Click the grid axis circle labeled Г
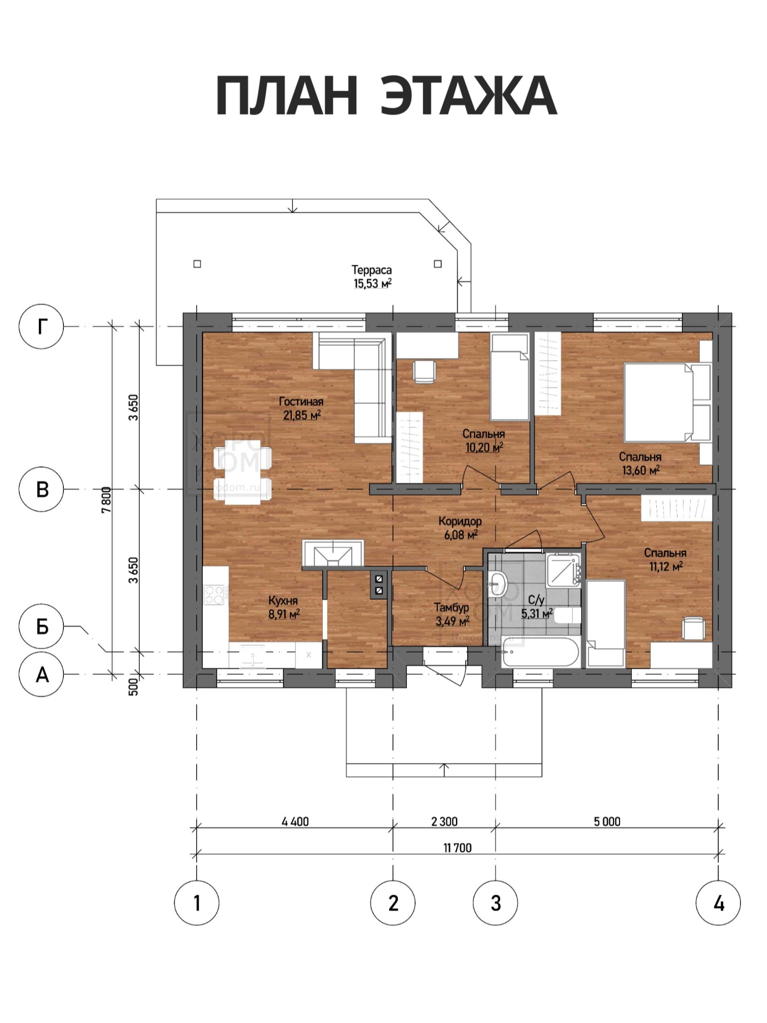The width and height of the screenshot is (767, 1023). tap(41, 326)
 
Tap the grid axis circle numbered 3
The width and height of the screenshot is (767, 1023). tap(495, 903)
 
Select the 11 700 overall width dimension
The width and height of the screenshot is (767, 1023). tap(458, 848)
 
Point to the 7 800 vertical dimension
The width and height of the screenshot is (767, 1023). tap(107, 499)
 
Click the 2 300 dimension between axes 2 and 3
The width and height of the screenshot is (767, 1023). tap(444, 821)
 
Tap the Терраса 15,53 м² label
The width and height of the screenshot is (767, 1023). tap(372, 277)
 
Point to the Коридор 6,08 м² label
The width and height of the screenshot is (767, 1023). tap(460, 527)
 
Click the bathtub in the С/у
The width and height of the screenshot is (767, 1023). tap(540, 652)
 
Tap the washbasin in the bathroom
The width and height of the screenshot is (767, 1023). tap(499, 582)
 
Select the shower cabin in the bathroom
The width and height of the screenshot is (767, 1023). tap(562, 570)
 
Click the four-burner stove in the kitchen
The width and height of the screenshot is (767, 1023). tap(214, 595)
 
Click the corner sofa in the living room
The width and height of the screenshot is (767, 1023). tap(353, 387)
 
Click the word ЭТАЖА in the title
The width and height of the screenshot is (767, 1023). tap(469, 96)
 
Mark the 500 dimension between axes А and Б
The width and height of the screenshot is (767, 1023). tap(133, 686)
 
